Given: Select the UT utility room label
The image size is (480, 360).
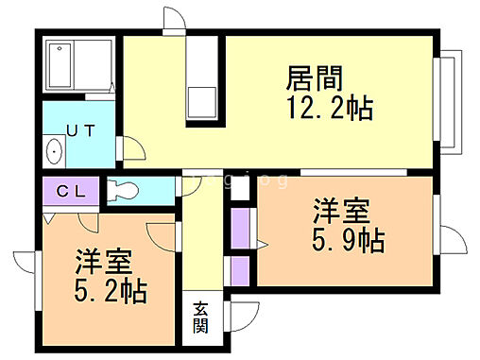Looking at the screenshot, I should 79,131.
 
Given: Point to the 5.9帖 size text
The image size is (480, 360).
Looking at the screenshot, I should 349,240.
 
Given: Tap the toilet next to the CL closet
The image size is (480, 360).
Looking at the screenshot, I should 124,189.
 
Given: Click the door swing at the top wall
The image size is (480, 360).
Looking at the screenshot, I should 173,20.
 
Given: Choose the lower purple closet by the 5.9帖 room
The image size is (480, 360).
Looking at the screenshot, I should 240,269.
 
